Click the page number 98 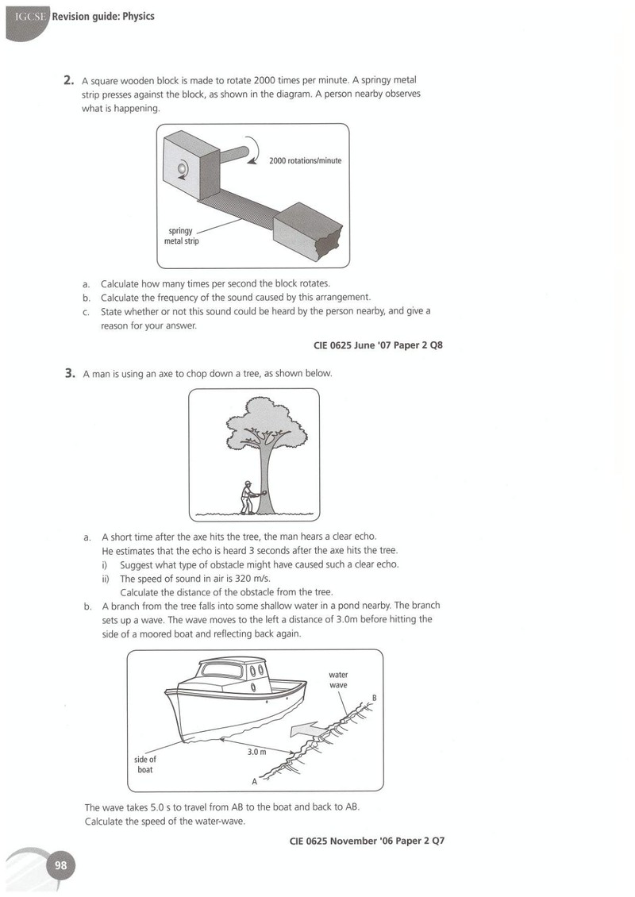60,865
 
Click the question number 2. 68,80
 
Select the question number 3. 70,374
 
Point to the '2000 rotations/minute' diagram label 305,161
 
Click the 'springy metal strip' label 181,236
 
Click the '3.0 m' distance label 257,752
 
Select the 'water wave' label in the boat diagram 338,679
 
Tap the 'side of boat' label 144,764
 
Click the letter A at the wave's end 255,781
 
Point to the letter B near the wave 375,698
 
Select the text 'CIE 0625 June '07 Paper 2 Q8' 378,345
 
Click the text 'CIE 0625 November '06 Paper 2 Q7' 368,841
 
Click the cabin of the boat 231,676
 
